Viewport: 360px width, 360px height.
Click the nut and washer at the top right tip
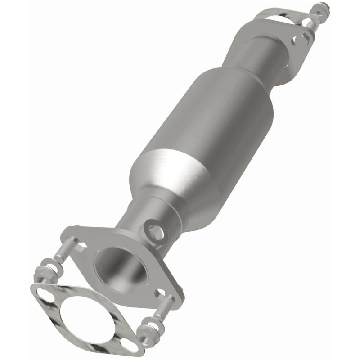(x=321, y=8)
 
